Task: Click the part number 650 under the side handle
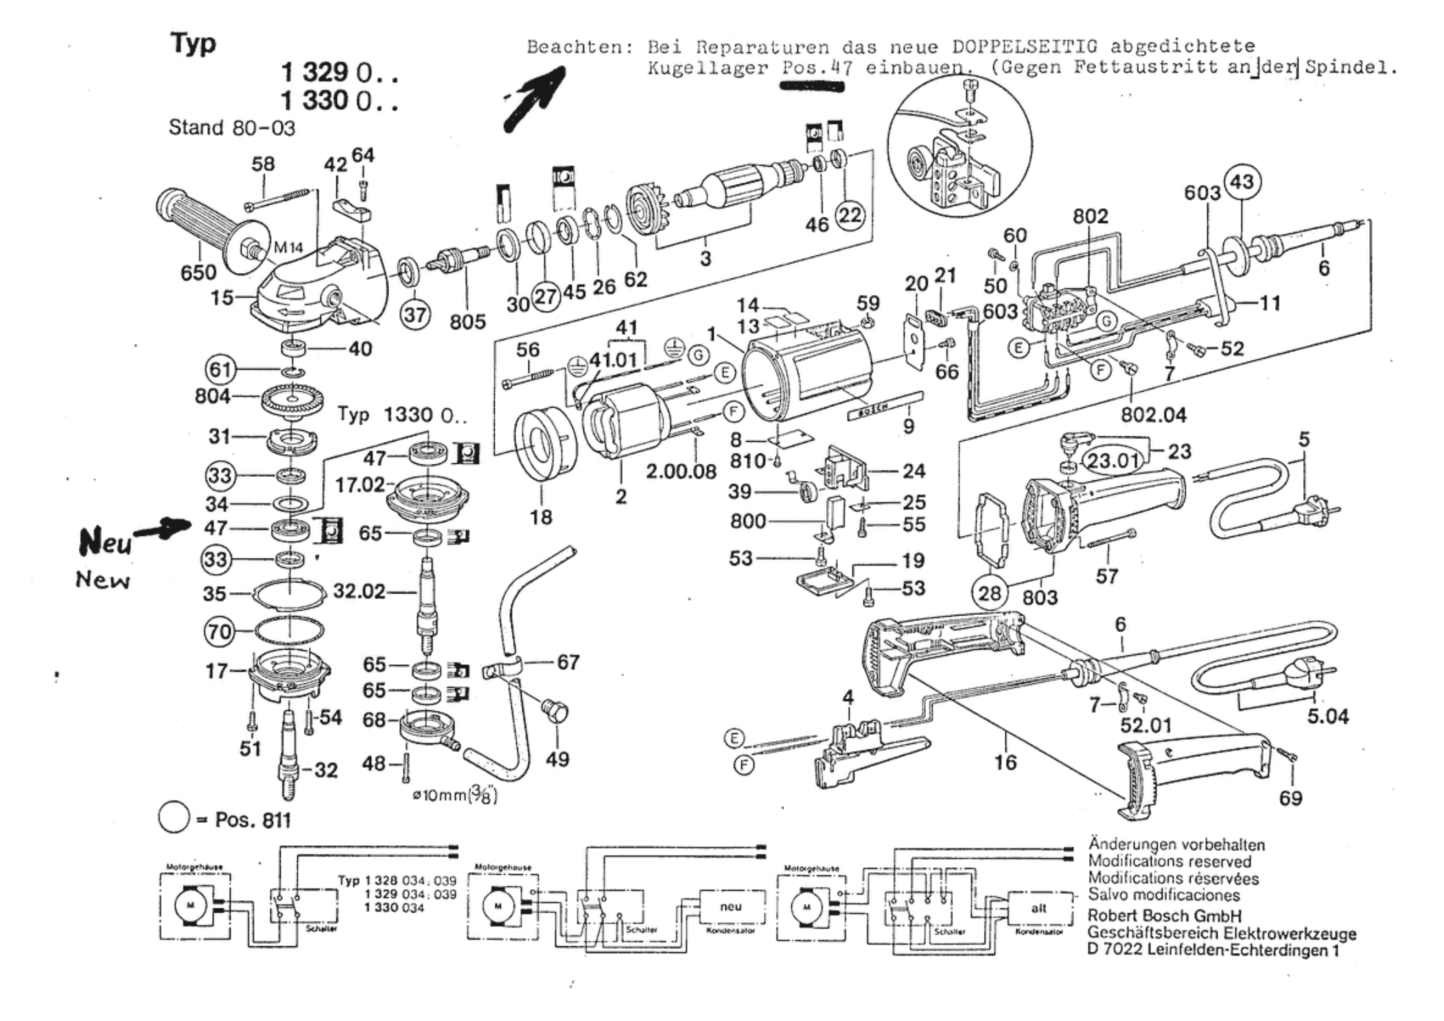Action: tap(198, 272)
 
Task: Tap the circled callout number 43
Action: tap(1242, 183)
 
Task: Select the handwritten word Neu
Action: tap(104, 543)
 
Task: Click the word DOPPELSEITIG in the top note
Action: tap(1025, 47)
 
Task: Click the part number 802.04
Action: tap(1153, 414)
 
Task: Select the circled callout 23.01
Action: tap(1113, 460)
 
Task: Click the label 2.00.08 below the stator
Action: tap(681, 472)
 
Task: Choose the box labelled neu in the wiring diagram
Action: tap(731, 907)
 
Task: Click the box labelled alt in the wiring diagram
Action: tap(1038, 908)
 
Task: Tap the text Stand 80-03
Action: tap(232, 128)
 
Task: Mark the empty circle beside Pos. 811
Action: tap(174, 818)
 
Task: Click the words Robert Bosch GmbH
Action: tap(1164, 916)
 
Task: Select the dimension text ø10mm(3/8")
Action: tap(454, 796)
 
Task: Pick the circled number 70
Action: tap(220, 631)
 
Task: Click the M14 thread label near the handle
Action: tap(288, 248)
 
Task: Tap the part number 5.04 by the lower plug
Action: tap(1327, 717)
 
